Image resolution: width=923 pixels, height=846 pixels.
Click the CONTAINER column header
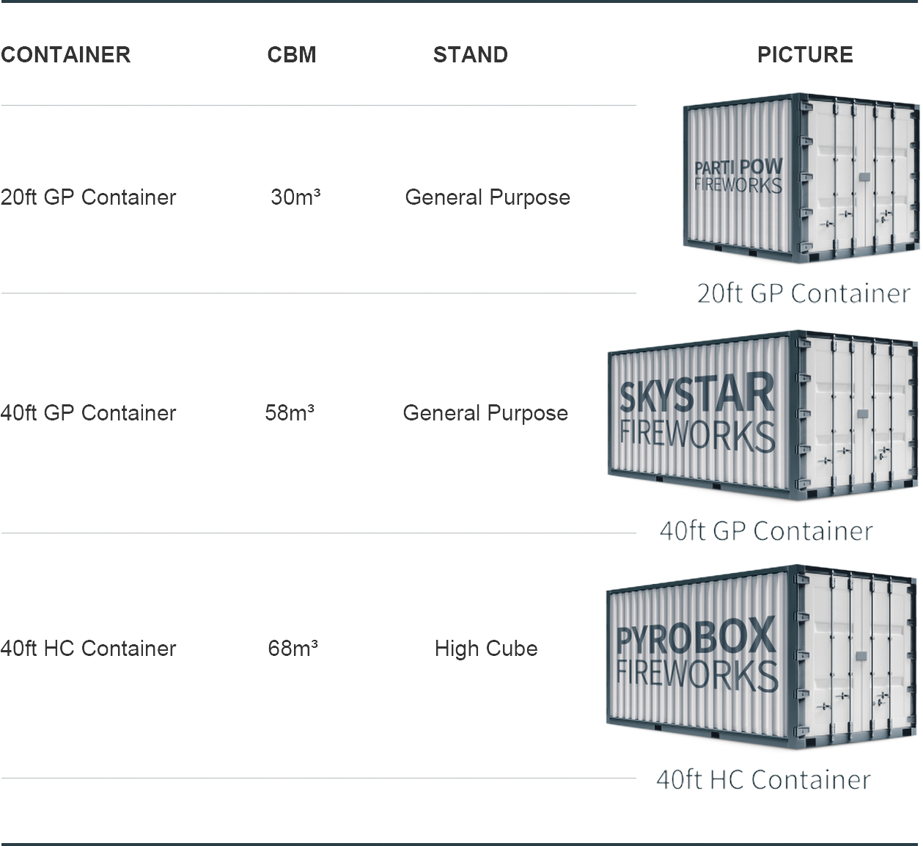tap(66, 55)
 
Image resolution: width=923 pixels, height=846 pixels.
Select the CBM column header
tap(292, 55)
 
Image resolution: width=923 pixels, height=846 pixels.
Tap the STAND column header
tap(470, 55)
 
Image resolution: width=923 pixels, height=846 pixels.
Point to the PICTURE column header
tap(805, 55)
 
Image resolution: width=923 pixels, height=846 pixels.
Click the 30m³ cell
tap(295, 197)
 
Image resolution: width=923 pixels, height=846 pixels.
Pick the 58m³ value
tap(290, 412)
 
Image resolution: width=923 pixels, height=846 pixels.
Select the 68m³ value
tap(293, 649)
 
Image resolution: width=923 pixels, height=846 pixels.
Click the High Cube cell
tap(486, 649)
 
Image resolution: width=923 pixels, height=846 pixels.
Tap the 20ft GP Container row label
tap(89, 197)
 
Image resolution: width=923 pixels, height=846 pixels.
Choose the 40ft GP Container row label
tap(89, 412)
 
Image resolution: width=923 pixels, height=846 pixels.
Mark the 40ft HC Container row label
tap(89, 649)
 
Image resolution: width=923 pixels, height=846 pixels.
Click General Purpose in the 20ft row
tap(488, 198)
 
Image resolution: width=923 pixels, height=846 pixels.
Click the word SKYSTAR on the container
tap(696, 393)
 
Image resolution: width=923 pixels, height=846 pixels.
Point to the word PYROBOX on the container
tap(696, 636)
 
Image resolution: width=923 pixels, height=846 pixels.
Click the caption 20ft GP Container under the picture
tap(804, 293)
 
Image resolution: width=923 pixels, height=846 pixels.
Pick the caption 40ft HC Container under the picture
tap(763, 780)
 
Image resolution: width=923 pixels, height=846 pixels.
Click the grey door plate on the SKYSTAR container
tap(862, 414)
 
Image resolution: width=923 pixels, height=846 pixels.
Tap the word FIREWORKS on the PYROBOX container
tap(696, 676)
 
